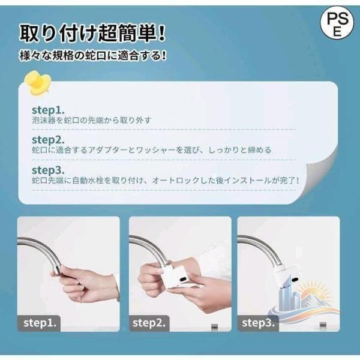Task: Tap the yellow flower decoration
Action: pos(37,84)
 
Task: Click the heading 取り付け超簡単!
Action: pos(92,34)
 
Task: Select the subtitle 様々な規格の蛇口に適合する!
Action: pos(92,56)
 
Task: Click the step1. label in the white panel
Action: pos(48,110)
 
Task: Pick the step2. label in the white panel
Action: pos(48,140)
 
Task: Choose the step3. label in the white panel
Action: pos(48,170)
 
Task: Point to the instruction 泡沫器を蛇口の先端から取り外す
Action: pos(92,121)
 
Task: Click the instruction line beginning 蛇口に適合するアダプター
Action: pos(152,150)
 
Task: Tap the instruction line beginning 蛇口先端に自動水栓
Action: pos(166,181)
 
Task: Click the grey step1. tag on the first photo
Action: pos(39,323)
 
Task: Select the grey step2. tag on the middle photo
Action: pos(149,323)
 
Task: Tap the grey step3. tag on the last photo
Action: pos(258,323)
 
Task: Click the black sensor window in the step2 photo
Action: pos(184,280)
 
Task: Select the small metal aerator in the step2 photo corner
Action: pos(214,326)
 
